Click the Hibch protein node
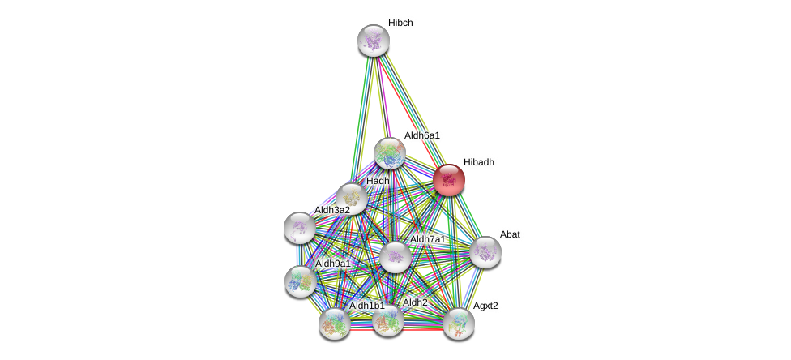coord(374,41)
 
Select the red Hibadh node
coord(449,180)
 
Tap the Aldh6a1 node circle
coord(390,153)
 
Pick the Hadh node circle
coord(352,197)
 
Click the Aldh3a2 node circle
coord(300,228)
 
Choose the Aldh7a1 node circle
coord(395,257)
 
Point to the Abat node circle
coord(485,252)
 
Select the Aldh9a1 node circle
coord(301,281)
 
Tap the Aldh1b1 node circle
coord(335,324)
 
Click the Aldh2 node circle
coord(388,320)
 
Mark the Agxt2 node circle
coord(459,324)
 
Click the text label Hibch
coord(400,23)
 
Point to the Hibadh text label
coord(478,162)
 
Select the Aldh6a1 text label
coord(421,135)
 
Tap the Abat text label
coord(510,234)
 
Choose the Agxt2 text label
coord(485,306)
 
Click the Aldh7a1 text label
coord(427,239)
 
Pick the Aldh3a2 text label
coord(332,210)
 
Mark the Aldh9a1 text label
coord(332,264)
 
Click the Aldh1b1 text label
coord(366,306)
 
